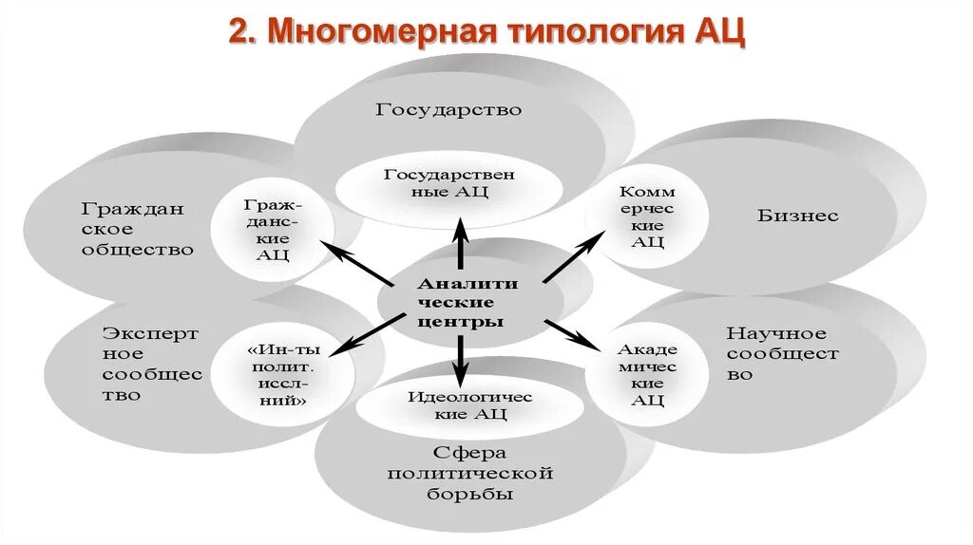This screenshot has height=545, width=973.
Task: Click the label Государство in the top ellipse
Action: coord(448,109)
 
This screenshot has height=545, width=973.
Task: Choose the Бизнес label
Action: coord(798,216)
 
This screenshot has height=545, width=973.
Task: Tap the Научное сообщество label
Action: coord(782,353)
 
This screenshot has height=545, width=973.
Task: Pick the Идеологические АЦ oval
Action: coord(458,405)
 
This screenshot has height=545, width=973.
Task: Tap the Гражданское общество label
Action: coord(137,229)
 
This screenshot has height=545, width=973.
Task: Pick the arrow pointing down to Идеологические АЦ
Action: coord(460,359)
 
